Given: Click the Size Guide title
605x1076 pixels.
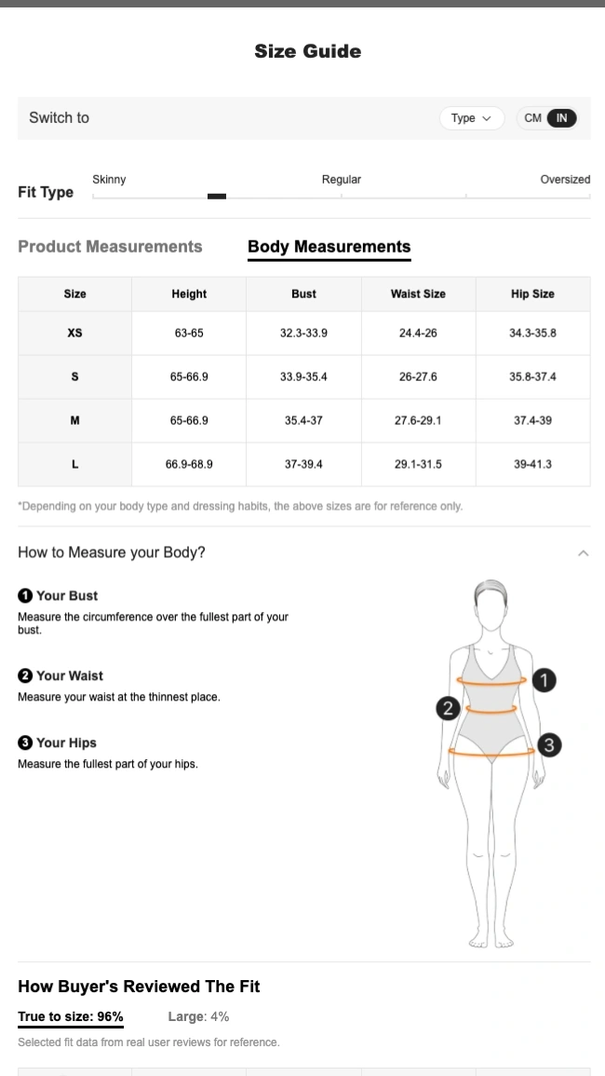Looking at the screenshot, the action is [307, 51].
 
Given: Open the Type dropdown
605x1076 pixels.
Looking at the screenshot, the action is [472, 118].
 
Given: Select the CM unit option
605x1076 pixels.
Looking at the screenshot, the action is [533, 118].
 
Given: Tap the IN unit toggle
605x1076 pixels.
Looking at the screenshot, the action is [562, 118].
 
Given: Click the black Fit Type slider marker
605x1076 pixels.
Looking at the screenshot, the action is [217, 197].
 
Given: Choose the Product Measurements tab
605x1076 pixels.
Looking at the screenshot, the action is [110, 246].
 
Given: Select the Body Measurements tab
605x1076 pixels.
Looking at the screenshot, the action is [329, 246].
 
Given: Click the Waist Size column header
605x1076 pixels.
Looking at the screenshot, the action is [419, 293].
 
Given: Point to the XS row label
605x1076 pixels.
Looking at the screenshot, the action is [74, 333].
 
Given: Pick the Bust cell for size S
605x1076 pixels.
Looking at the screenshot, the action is [303, 376].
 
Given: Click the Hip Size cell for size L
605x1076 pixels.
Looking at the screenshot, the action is [533, 465].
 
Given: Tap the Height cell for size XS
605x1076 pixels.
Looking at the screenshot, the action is [189, 333].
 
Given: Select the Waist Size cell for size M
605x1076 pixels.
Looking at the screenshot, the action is [419, 421].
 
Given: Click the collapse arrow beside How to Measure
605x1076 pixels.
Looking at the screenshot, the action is [584, 553].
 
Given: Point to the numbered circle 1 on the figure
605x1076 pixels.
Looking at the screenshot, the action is [544, 680].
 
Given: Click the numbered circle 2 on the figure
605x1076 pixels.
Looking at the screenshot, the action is [449, 708].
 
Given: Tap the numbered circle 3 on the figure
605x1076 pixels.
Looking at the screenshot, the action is [549, 745].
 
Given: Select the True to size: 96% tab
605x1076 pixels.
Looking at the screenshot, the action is [71, 1016].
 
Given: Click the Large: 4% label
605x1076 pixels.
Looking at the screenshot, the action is [198, 1016].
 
